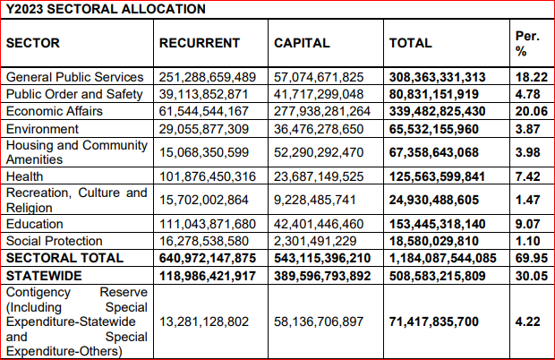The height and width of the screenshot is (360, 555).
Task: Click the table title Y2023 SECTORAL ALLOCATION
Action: tap(106, 9)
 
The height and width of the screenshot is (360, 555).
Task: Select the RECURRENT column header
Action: tap(200, 43)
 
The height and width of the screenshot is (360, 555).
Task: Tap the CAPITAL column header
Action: tap(302, 43)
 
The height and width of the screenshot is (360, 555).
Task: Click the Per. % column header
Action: tap(527, 44)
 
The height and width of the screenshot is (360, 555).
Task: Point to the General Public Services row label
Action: tap(74, 77)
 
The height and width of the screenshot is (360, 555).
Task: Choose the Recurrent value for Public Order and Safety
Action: tap(203, 94)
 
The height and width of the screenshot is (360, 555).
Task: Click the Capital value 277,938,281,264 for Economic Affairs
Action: tap(322, 111)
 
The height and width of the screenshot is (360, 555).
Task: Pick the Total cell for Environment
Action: tap(434, 129)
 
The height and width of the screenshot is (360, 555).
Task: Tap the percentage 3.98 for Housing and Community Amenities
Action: tap(528, 152)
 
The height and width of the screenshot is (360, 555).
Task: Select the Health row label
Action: tap(24, 176)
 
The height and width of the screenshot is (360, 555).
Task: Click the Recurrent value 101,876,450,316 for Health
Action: tap(208, 176)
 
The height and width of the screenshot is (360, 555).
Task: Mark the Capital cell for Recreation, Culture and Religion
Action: tap(315, 200)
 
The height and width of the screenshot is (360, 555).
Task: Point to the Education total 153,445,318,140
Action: tap(438, 224)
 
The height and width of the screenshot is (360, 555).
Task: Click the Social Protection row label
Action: tap(54, 241)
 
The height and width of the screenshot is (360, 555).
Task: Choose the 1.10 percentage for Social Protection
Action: tap(528, 241)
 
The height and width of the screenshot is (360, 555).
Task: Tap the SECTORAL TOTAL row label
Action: tap(64, 258)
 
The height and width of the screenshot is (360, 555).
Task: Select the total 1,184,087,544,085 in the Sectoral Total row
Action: tap(443, 258)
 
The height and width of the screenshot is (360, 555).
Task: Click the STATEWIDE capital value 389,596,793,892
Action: tap(322, 276)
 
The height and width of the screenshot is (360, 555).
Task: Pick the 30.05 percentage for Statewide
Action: tap(532, 276)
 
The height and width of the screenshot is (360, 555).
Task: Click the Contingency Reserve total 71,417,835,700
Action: tap(434, 321)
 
